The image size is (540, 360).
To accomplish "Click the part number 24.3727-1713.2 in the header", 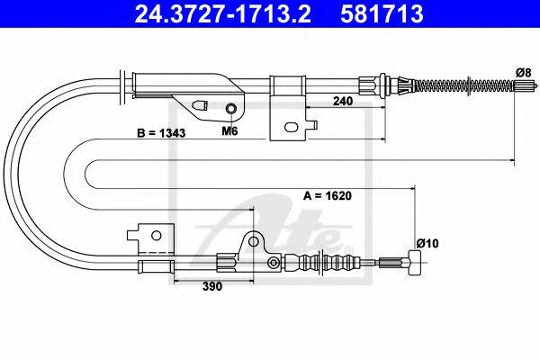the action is (x=222, y=13).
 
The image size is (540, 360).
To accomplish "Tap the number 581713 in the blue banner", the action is (x=382, y=13).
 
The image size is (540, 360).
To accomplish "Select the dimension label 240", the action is (x=343, y=101).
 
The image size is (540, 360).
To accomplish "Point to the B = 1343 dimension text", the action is (x=161, y=132).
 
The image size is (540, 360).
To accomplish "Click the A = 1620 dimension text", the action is (x=328, y=195).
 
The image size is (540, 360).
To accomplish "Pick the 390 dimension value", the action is (x=212, y=286).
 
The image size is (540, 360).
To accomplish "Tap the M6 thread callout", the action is (x=229, y=130).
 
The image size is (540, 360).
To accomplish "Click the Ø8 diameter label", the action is (x=523, y=73).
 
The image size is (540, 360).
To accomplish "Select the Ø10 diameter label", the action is (x=427, y=244).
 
